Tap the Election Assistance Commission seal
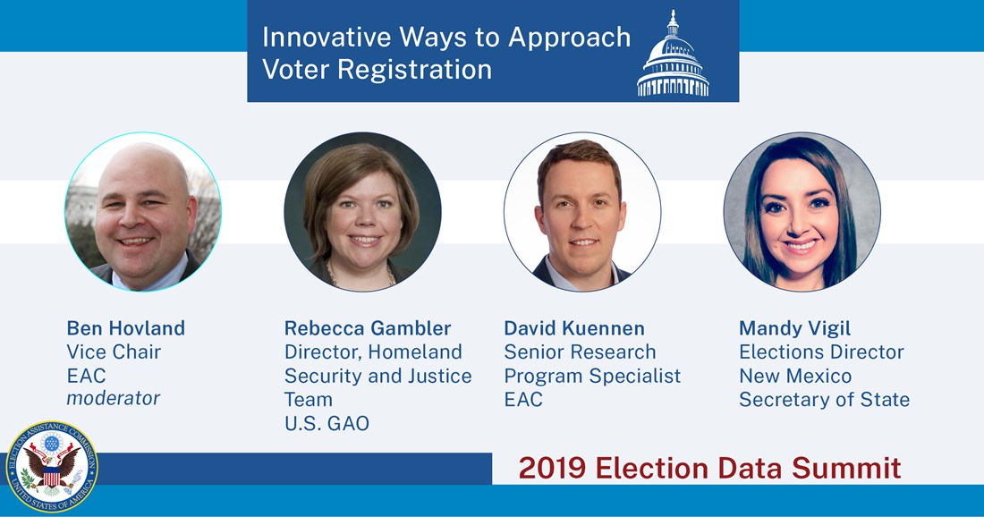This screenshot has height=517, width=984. pos(52,467)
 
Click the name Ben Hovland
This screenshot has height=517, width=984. pos(125,328)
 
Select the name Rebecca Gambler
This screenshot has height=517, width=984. pos(368,328)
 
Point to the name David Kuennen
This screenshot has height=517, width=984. pos(574,328)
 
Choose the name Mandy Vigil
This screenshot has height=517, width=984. pos(794,328)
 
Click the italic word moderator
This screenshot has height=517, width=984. pos(114,398)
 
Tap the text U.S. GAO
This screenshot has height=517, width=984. pos(327,423)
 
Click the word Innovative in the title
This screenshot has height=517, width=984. pos(327,37)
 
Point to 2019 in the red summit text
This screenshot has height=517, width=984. pos(552,469)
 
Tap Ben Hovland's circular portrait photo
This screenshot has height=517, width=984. pos(143,211)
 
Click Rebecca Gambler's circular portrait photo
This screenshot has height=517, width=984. pos(362,211)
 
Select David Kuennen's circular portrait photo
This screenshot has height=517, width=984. pos(582,211)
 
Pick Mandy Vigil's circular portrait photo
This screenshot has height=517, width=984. pos(802,211)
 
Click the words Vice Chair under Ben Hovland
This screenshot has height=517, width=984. pos(114,352)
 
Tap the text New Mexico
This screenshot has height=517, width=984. pos(795,376)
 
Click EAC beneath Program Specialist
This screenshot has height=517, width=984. pos(523,400)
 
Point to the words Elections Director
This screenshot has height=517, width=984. pos(821,352)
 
